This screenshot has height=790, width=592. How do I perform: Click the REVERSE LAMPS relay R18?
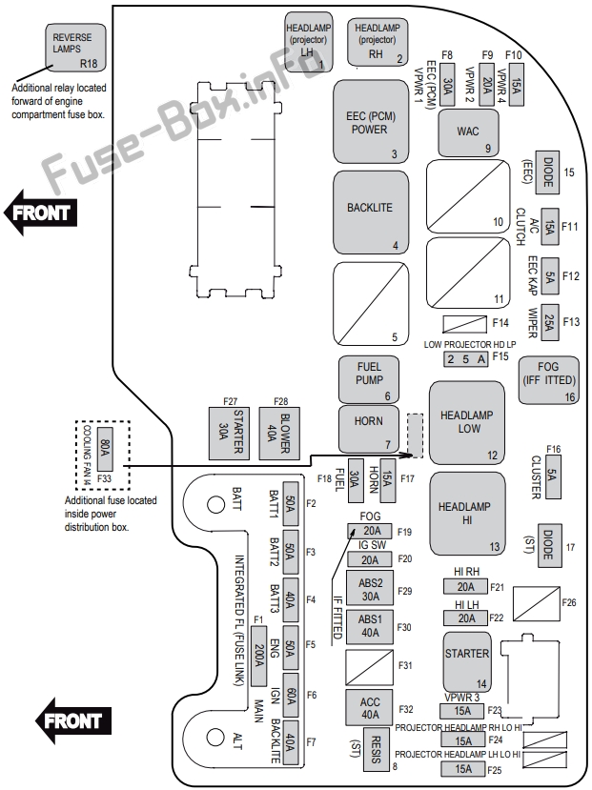pos(76,48)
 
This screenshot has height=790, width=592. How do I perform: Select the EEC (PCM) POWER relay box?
pos(371,121)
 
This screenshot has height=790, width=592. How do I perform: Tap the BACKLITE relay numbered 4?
pos(371,213)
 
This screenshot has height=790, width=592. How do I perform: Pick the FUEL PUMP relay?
pos(369,380)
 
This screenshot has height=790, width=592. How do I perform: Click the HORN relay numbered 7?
pos(369,429)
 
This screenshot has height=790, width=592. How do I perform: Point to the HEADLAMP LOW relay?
pos(466,423)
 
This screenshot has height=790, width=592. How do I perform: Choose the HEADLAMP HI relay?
pos(467,514)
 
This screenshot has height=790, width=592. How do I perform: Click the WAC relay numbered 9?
pos(468,133)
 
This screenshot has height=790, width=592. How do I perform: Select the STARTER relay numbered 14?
pos(467,662)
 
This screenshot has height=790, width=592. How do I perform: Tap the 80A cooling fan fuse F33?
pos(104,449)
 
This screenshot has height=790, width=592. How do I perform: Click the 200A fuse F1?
pos(258,656)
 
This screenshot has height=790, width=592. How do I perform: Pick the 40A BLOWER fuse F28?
pos(279,434)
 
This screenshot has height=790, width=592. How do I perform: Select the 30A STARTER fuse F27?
pos(229,434)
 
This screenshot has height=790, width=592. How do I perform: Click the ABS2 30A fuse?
pos(370,590)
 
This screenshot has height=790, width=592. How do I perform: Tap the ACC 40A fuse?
pos(370,708)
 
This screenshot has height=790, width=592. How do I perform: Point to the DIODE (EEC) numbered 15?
pos(548,172)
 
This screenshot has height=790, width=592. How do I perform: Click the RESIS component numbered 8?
pos(376,749)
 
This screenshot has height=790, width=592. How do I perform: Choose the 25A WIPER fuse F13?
pos(550,323)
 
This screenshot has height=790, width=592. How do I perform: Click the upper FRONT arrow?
pos(40,213)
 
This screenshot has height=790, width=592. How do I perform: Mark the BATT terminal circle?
pos(215,504)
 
